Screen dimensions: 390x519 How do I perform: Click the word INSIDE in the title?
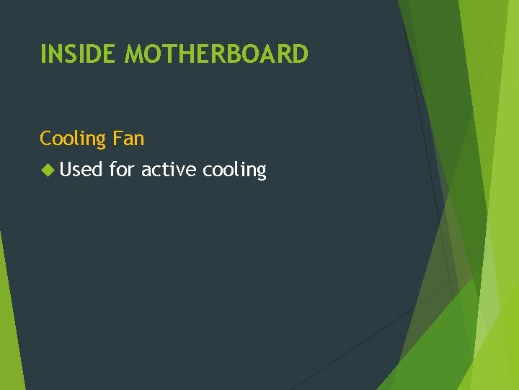79,54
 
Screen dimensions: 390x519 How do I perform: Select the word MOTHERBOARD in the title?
216,54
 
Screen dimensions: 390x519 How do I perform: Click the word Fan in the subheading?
129,138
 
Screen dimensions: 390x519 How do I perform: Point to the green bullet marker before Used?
48,170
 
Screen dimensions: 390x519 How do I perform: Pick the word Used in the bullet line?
81,170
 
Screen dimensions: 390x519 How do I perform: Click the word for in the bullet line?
122,170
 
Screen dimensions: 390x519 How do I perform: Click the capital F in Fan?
117,138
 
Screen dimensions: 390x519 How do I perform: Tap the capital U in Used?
67,170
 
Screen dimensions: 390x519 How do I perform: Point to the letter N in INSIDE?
55,54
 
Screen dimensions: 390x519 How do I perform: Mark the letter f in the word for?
112,170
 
